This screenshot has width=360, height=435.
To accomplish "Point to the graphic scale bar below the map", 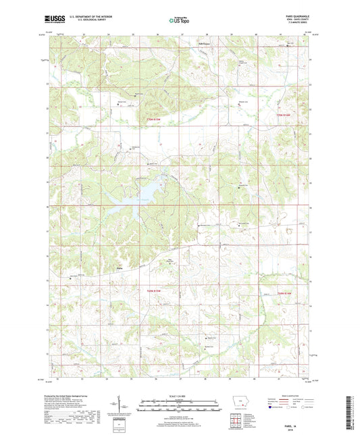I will (179, 407).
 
